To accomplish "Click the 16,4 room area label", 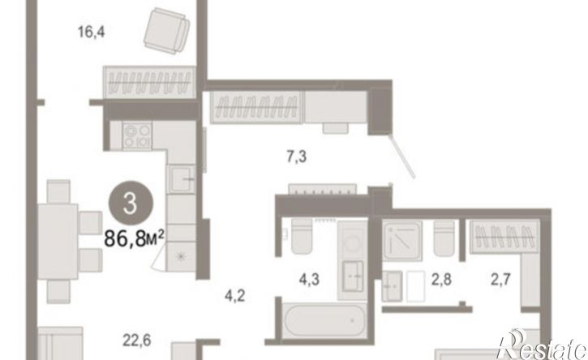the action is point(91,32).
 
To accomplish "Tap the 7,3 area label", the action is point(297,156).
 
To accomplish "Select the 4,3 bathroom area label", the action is point(309,280).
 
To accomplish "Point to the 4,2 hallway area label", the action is point(234,295).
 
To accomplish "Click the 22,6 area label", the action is point(137,341).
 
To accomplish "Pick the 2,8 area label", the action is point(441,280).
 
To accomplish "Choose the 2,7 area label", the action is point(500,280).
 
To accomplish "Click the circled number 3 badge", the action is point(131,204).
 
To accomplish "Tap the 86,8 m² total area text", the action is point(135,238).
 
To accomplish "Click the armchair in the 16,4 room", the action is point(166,31).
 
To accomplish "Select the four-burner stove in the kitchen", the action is point(137,135).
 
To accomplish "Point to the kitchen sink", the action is point(181,179).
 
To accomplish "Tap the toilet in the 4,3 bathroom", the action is point(302,236).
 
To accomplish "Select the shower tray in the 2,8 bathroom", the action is point(402,240).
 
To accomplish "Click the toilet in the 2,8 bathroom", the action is point(444,238).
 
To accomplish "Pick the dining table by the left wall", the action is point(58,242).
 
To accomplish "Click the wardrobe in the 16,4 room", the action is point(149,83).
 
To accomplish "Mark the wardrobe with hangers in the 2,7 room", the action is point(504,236).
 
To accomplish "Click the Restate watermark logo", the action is point(541,345).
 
